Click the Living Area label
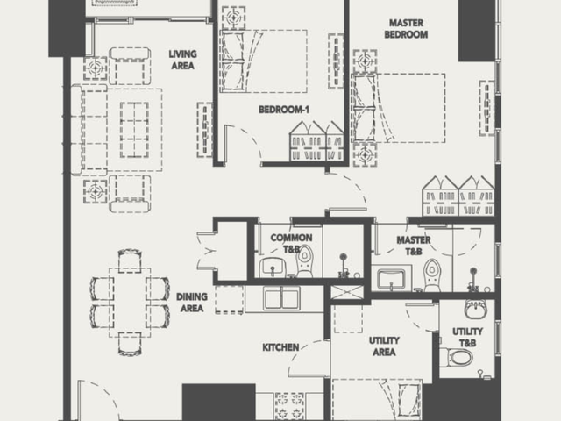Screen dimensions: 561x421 tap(183, 60)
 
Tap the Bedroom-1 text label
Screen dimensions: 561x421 tap(284, 109)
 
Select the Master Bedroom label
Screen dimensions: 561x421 tap(406, 29)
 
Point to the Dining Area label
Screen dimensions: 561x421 tap(192, 303)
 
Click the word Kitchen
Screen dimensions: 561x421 tap(280, 347)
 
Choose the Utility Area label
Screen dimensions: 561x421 tap(384, 346)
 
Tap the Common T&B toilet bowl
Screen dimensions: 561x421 tap(305, 261)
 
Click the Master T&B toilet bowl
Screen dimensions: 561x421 tap(432, 275)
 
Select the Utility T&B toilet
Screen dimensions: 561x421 tap(456, 357)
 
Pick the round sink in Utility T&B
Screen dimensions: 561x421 tap(475, 310)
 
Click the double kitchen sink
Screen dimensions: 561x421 tap(282, 298)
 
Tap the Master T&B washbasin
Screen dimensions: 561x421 tap(391, 279)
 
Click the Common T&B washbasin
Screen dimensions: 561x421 tap(273, 267)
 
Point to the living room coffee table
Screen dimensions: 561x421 tap(134, 130)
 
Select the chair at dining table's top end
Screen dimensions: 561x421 tap(130, 260)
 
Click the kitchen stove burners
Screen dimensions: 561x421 tap(290, 406)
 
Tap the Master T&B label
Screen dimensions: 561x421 tap(414, 246)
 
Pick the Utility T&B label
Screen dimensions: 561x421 tap(467, 337)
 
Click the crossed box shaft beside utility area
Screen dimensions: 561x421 tap(347, 292)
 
